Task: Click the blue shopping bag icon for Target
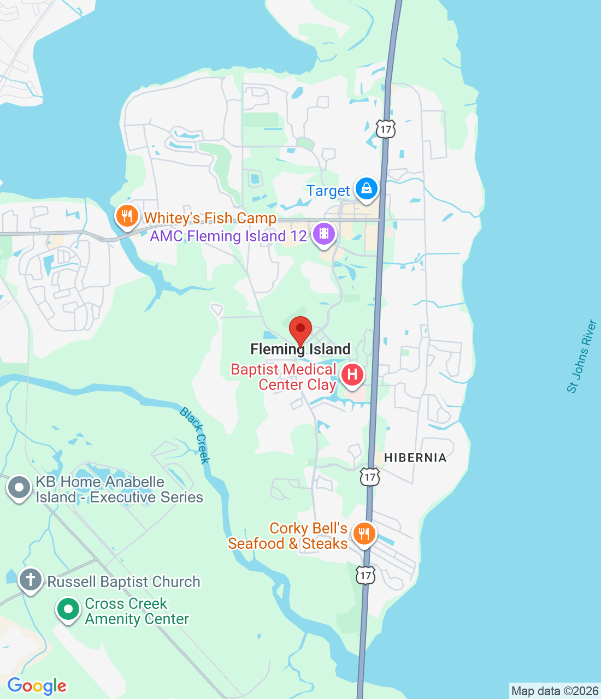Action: pos(366,189)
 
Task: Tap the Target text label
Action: pos(328,191)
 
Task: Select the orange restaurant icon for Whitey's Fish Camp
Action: pos(127,216)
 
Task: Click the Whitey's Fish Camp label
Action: pos(210,218)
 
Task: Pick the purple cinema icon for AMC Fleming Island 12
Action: pos(324,234)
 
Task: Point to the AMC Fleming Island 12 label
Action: pos(228,236)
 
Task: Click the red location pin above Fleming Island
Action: pos(300,330)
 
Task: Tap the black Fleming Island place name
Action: pos(300,349)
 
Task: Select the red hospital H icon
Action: pos(352,375)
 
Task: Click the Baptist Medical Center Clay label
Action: pos(284,377)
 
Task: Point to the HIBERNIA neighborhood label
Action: pos(415,458)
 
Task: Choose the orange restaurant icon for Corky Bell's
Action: pos(364,533)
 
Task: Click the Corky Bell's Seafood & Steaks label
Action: pos(288,536)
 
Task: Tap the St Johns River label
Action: pos(582,356)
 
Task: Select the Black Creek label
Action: pos(195,435)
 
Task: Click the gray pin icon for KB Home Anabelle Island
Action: pos(20,488)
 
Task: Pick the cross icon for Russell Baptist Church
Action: pos(31,579)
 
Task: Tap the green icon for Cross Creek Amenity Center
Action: pos(68,609)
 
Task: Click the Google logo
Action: pos(37,686)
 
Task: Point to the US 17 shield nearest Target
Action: pos(386,129)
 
